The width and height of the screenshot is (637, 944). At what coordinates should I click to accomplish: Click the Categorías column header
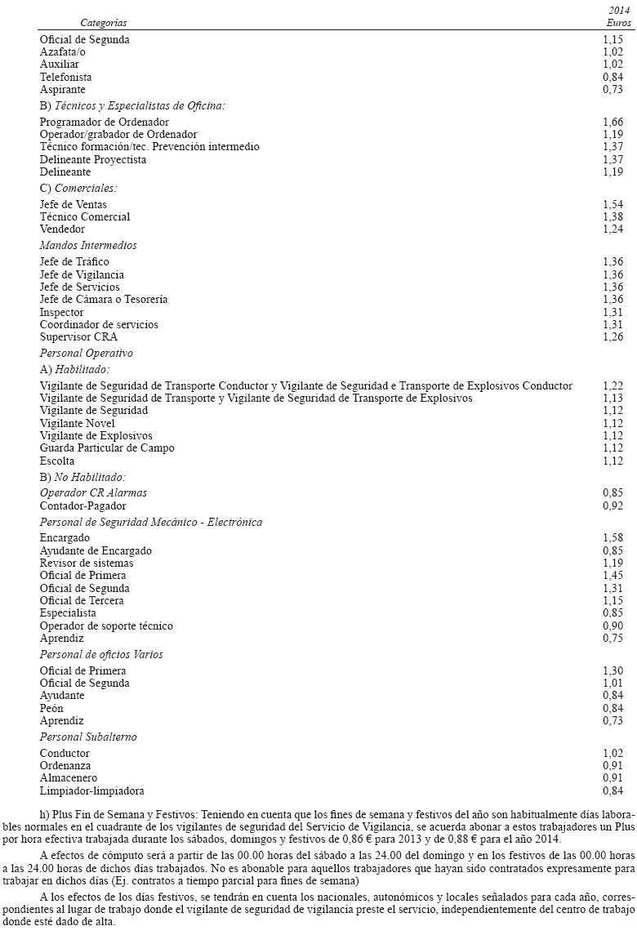104,23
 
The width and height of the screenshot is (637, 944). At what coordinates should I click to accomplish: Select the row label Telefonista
65,77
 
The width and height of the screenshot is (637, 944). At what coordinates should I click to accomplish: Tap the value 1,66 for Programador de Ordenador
612,122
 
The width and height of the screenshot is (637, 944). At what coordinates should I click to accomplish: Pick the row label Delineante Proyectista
93,159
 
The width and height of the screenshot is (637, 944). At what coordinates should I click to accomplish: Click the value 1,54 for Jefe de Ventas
612,204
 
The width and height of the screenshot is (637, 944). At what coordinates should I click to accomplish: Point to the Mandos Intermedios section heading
88,245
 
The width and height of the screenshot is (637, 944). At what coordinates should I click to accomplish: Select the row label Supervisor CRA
78,336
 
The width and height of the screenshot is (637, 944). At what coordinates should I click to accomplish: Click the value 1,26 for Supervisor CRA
612,336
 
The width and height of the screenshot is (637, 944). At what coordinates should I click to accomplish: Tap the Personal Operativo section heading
86,354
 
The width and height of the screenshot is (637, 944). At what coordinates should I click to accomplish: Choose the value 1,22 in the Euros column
612,385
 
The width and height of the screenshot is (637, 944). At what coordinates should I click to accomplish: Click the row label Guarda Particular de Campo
107,448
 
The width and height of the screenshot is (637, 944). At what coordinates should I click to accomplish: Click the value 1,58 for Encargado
612,538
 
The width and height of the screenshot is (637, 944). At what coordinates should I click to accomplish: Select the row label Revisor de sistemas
87,563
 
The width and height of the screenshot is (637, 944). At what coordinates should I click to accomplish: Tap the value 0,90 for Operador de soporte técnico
612,626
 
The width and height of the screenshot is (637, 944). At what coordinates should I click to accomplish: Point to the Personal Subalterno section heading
88,737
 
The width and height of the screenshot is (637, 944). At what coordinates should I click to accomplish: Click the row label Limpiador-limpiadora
92,790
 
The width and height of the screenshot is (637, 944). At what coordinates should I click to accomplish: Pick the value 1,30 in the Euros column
612,670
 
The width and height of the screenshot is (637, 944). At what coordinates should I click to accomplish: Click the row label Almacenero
68,778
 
